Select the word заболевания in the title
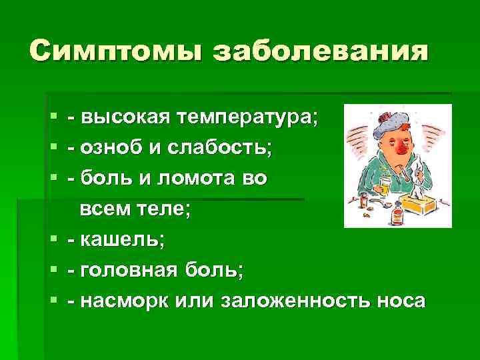(x=319, y=51)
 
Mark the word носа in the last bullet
(x=399, y=300)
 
